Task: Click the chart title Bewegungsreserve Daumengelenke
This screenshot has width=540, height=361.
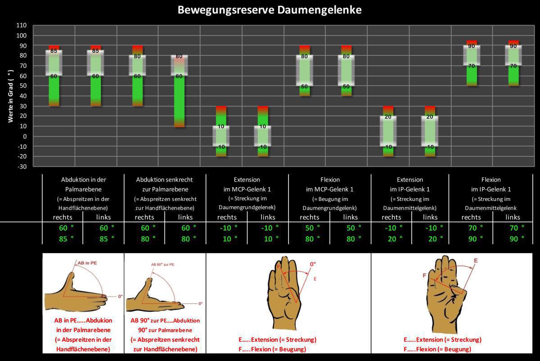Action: (270, 10)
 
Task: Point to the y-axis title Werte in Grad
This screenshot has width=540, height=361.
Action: (10, 95)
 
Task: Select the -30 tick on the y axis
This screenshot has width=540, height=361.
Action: (22, 166)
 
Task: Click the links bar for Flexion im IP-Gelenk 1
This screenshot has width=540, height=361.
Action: (513, 63)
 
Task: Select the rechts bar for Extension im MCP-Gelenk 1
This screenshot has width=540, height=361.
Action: (221, 131)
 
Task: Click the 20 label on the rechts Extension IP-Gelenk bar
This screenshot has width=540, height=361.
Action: (388, 117)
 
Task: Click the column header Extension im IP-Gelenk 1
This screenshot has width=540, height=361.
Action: (409, 184)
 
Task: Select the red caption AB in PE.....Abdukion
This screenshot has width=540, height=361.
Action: (83, 321)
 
